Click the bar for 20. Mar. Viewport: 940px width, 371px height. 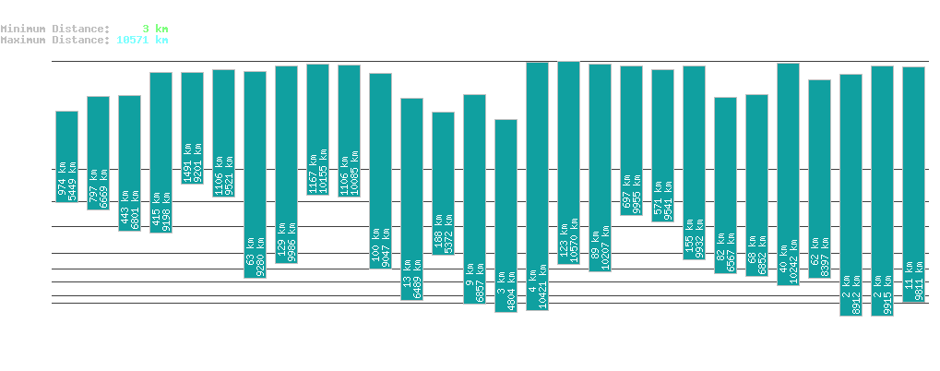point(66,156)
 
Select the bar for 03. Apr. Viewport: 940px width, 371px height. point(506,215)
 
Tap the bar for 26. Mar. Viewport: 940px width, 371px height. point(255,174)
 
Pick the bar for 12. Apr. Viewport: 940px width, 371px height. point(788,174)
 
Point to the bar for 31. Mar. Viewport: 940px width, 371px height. point(411,199)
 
